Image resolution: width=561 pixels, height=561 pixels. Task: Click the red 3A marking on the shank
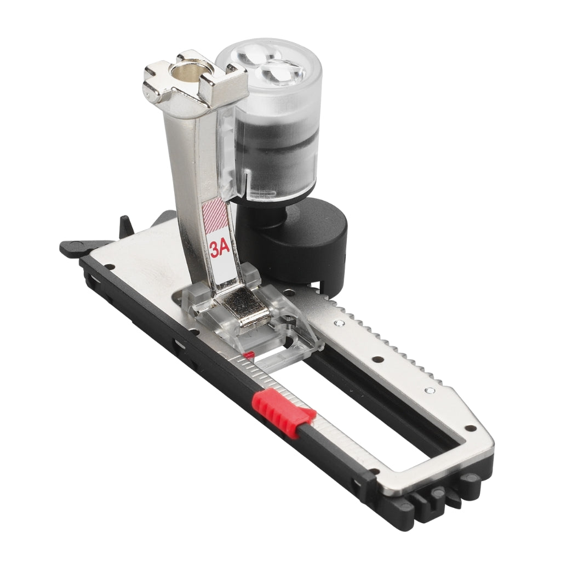(x=220, y=249)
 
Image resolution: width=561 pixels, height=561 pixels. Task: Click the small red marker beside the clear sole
(x=249, y=354)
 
